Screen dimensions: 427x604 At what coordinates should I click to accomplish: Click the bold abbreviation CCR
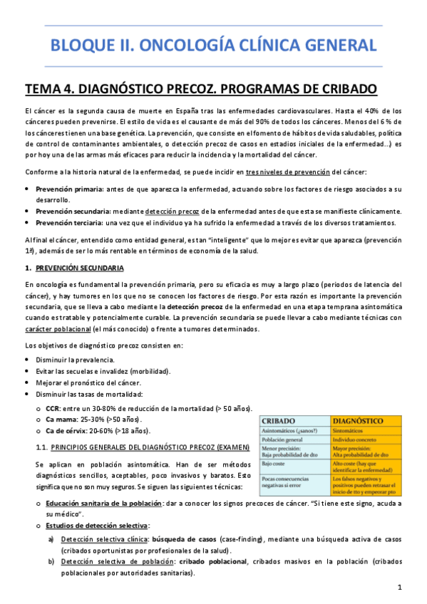[x=52, y=408]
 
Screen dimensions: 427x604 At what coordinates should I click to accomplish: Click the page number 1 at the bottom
[x=400, y=587]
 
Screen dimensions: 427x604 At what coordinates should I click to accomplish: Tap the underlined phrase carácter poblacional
[x=59, y=330]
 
